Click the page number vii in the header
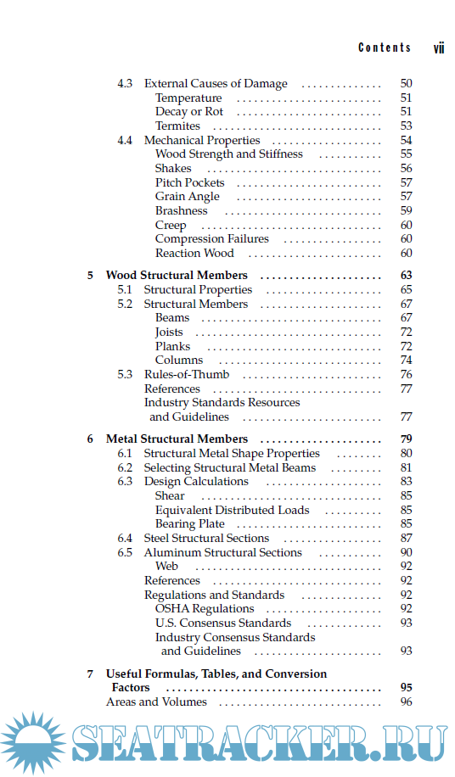[439, 48]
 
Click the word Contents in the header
[385, 48]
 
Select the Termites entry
[177, 126]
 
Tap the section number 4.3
[125, 84]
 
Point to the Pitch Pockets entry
[190, 182]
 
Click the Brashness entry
[181, 210]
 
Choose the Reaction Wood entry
[194, 253]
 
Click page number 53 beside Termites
[406, 126]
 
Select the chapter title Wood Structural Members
[177, 276]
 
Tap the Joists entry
[169, 333]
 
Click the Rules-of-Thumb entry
[186, 374]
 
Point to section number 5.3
[125, 374]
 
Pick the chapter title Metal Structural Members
[177, 439]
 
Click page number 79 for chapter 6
[406, 439]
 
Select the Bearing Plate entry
[190, 524]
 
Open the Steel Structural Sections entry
[206, 538]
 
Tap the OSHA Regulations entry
[205, 609]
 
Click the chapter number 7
[90, 674]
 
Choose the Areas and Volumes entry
[156, 702]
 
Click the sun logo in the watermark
[34, 744]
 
